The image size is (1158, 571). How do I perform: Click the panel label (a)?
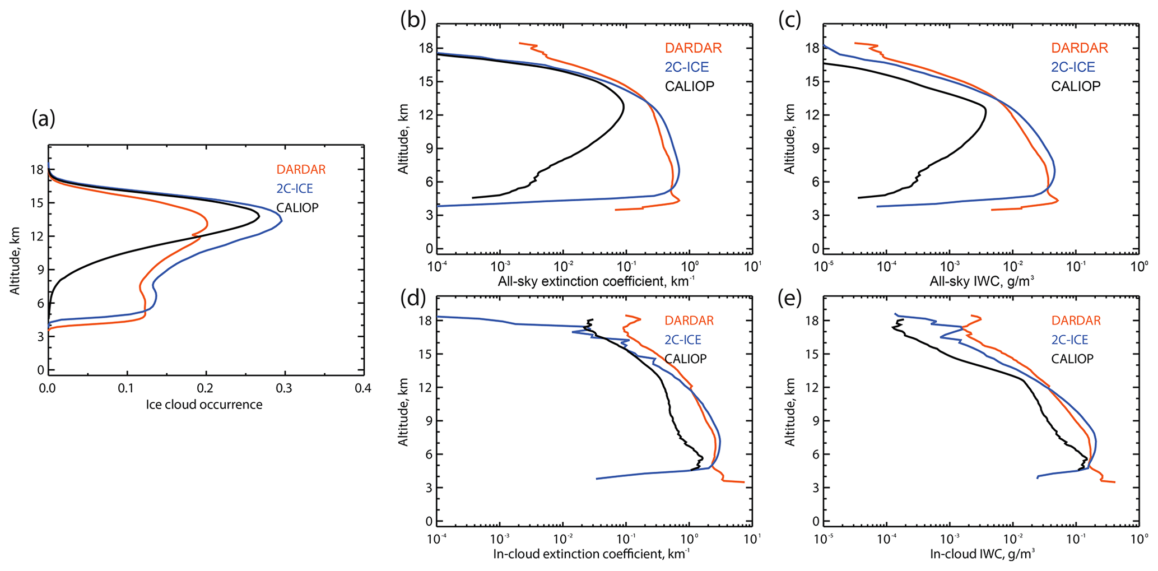[44, 118]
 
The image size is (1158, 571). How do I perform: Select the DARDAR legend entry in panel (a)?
[301, 169]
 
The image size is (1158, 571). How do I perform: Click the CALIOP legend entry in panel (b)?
[690, 86]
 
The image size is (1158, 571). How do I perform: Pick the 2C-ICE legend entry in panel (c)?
[1073, 67]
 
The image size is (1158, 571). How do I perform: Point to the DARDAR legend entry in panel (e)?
[1076, 321]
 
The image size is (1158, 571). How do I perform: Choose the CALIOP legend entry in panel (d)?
[685, 359]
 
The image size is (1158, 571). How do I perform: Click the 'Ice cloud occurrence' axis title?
[204, 405]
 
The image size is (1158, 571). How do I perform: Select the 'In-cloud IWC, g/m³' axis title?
[982, 554]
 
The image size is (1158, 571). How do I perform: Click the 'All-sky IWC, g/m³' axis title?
[982, 281]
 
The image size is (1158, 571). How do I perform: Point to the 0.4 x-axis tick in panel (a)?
[363, 388]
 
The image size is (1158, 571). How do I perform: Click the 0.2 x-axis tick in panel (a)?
[206, 388]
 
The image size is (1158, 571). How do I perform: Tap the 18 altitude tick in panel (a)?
[37, 169]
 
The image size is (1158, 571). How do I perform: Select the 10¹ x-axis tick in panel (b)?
[752, 266]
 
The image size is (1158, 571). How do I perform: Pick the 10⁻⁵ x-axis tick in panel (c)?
[824, 266]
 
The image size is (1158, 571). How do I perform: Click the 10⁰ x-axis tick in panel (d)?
[689, 539]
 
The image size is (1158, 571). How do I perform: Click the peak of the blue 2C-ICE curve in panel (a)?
[281, 220]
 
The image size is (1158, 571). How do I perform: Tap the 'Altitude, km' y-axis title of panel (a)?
[15, 261]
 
